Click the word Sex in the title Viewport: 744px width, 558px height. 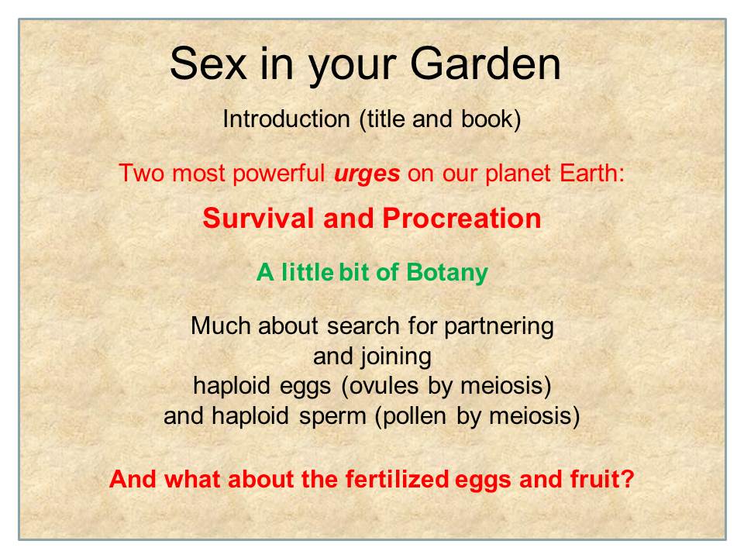(208, 63)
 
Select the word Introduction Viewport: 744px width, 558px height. (286, 119)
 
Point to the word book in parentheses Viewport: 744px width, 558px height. (487, 119)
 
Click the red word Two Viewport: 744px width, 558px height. (141, 173)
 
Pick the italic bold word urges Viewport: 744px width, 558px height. (367, 174)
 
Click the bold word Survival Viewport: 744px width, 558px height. (259, 219)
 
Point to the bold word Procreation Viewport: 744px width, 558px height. (462, 219)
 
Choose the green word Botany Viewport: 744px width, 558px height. (447, 273)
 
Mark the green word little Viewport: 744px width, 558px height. (308, 272)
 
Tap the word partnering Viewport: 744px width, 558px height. (498, 327)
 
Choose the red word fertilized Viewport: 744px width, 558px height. (397, 479)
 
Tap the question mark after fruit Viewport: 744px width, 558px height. (628, 479)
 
